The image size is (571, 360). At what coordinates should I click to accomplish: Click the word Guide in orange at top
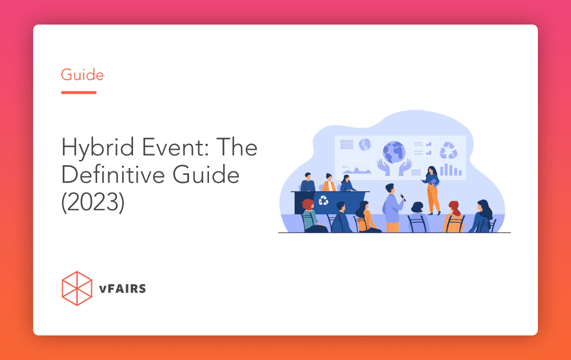point(82,74)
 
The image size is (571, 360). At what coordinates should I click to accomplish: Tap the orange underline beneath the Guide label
point(79,92)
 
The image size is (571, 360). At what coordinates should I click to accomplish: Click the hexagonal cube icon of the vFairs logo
point(77,289)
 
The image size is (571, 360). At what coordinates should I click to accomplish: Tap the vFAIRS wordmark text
point(122,289)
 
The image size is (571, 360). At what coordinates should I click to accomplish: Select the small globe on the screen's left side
point(365,144)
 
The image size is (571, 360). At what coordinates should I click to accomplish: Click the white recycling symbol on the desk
point(324,201)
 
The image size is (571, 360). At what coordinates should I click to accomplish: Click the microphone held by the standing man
point(403,198)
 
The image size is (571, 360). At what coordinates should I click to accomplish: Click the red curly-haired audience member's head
point(308,205)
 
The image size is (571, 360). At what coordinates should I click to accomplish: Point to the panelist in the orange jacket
point(329,183)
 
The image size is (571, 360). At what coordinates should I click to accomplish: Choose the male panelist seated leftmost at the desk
point(308,183)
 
